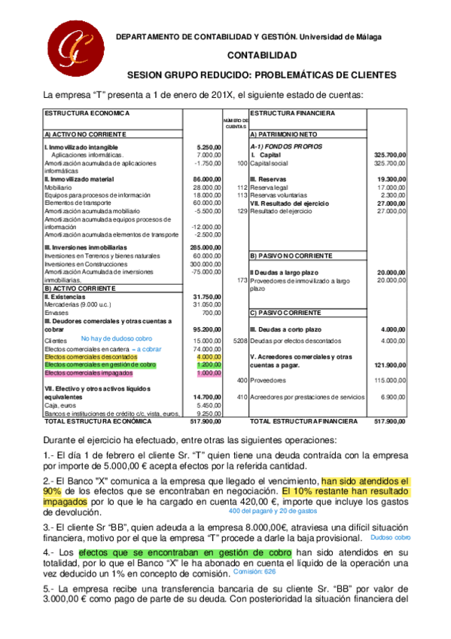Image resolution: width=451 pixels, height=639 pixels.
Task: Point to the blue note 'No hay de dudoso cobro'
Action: pyautogui.click(x=116, y=338)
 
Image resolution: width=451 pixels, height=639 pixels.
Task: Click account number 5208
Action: pyautogui.click(x=239, y=341)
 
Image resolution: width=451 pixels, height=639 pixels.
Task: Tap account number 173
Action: pyautogui.click(x=242, y=280)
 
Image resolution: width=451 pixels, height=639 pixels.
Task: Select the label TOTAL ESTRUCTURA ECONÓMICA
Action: pyautogui.click(x=92, y=421)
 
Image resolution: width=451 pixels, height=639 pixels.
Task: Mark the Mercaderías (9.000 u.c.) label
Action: pyautogui.click(x=76, y=304)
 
